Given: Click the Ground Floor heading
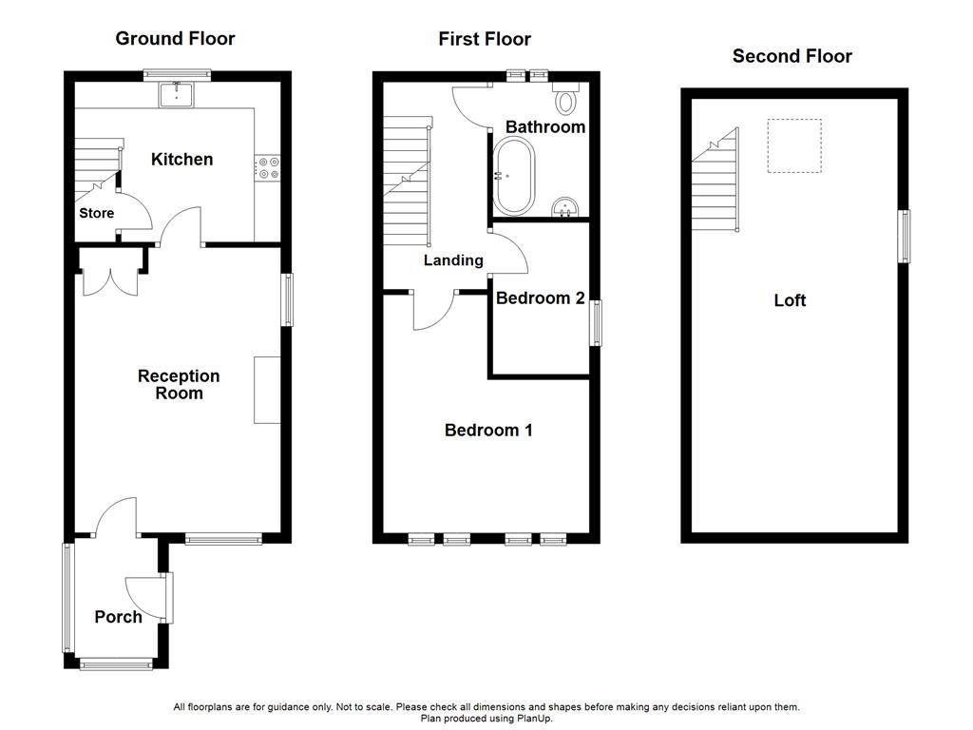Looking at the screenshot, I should tap(175, 39).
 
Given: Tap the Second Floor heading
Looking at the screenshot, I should tap(792, 56).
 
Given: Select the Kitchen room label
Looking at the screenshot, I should tap(181, 160).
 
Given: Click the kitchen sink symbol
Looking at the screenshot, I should tap(177, 93).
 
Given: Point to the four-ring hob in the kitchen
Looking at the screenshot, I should tap(268, 168).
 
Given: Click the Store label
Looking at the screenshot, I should tap(96, 213).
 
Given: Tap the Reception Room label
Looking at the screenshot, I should tap(179, 385).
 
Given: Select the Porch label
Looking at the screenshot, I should tap(118, 617).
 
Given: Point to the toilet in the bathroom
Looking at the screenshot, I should tap(567, 99).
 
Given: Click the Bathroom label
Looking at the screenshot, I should tap(544, 127).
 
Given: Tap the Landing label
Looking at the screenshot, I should tap(453, 260).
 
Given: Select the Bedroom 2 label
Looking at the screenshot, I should tap(540, 298).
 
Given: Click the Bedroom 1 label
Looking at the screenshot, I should tap(488, 431).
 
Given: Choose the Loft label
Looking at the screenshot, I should tap(790, 300).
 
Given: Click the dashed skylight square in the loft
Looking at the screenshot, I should tap(794, 146).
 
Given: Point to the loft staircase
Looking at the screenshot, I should tap(715, 185).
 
